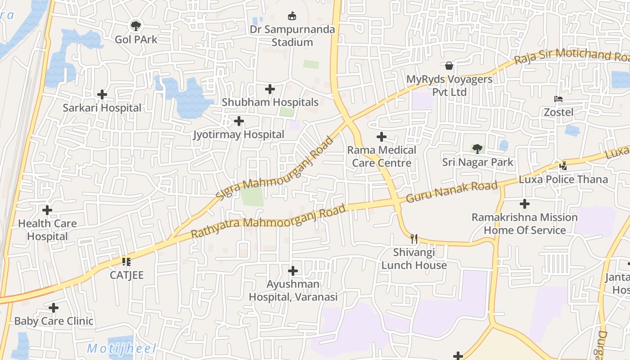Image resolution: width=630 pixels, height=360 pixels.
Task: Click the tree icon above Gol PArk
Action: point(135,26)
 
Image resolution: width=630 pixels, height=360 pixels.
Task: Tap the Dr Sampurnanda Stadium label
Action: point(292,36)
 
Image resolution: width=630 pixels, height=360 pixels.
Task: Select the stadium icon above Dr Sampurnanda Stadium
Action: point(292,16)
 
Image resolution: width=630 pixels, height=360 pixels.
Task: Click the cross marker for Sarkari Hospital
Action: point(102,94)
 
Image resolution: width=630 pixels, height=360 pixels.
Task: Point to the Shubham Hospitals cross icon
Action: point(270,89)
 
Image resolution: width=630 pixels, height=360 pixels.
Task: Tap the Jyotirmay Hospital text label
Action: point(238,135)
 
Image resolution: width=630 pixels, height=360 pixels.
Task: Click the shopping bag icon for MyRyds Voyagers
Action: point(449,66)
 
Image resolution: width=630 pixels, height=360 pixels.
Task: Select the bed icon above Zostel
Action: point(558,99)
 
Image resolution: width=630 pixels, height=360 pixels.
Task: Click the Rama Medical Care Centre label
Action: point(382,156)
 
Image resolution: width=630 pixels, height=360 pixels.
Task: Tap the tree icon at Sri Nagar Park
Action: point(477,148)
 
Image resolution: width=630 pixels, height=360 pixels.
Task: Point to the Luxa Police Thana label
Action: point(563,179)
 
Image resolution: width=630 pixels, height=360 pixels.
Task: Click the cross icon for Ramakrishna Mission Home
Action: point(525,204)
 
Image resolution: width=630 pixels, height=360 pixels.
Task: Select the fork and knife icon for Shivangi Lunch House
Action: point(414,239)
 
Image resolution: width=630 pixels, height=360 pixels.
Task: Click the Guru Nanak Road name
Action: point(452,192)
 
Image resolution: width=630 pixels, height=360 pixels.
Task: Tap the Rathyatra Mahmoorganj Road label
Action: point(269,221)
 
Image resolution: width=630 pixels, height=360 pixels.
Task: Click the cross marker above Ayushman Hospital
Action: point(293,271)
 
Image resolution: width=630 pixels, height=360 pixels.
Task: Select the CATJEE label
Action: point(127,275)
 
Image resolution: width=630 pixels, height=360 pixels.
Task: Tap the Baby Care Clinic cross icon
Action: point(54,308)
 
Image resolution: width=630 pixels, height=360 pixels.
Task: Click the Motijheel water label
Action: point(121,348)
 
